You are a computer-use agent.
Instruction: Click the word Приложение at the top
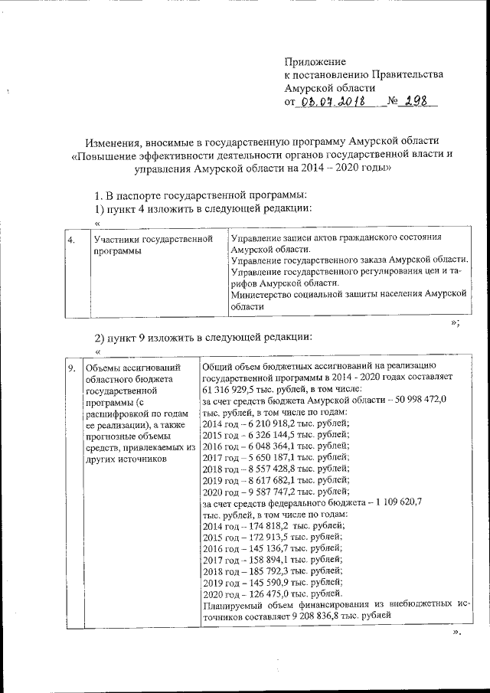pyautogui.click(x=315, y=61)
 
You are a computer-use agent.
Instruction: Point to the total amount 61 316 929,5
pyautogui.click(x=234, y=389)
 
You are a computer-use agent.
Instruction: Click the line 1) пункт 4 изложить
pyautogui.click(x=204, y=208)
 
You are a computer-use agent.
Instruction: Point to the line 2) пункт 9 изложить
pyautogui.click(x=204, y=337)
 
